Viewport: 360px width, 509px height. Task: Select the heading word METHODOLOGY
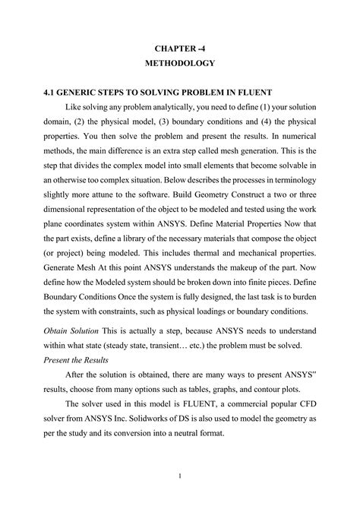click(x=179, y=63)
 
